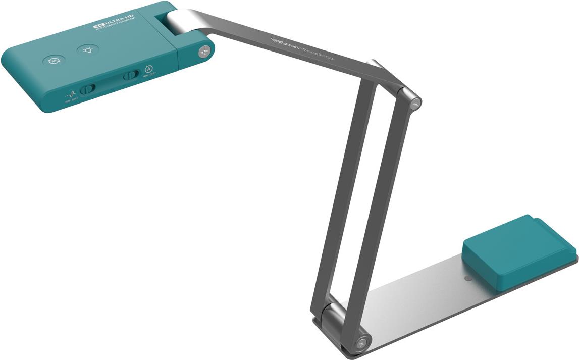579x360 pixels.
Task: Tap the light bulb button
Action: pos(88,50)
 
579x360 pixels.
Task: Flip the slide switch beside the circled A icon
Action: pos(131,75)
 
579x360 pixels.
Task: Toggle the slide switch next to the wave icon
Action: pos(88,89)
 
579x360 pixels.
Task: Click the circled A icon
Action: pos(148,69)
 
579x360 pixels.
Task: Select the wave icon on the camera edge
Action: pos(71,94)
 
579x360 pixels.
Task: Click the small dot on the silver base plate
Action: pos(468,278)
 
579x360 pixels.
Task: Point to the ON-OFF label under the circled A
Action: pos(149,76)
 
